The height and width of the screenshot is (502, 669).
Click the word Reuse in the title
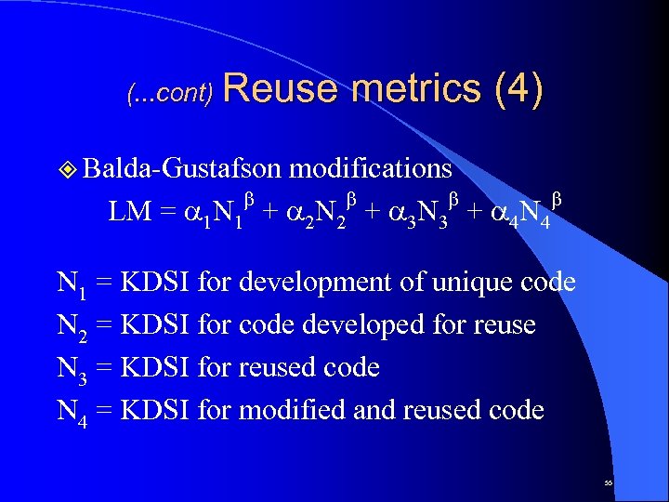coord(282,89)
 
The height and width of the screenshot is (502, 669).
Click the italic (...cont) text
coord(170,93)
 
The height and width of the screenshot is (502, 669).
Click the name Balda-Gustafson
coord(183,168)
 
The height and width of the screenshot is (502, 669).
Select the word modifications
coord(371,168)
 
